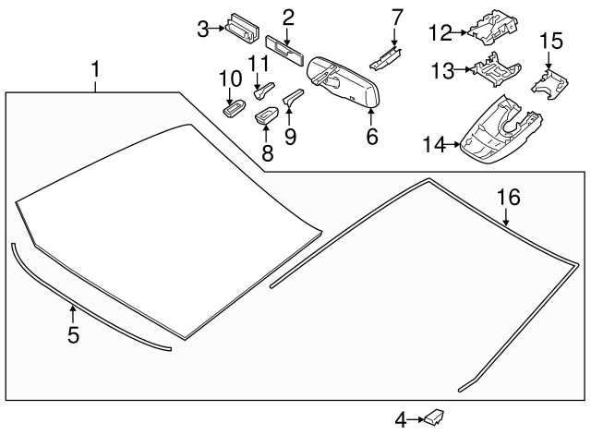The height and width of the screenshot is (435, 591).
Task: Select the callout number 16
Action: tap(508, 197)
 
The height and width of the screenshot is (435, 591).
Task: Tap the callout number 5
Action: tap(73, 334)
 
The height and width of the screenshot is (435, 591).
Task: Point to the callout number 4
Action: tap(401, 420)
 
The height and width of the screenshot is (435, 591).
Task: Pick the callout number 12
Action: tap(440, 32)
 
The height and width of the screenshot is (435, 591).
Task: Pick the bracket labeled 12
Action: tap(492, 29)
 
